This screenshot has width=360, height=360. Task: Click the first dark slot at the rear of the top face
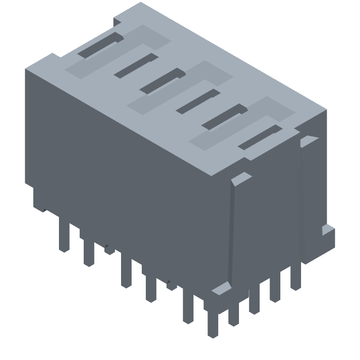click(100, 45)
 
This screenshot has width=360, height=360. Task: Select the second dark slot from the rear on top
click(135, 65)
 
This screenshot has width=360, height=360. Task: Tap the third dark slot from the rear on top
click(162, 81)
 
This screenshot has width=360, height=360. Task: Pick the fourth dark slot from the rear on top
click(197, 101)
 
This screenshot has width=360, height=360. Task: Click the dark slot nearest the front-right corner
click(260, 138)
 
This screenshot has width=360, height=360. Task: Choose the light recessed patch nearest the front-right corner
click(243, 123)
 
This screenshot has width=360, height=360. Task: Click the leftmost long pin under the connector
click(65, 236)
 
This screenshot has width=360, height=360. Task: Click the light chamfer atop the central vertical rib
click(241, 179)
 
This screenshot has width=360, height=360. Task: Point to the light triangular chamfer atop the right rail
click(309, 140)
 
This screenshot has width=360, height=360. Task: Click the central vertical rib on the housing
click(231, 234)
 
